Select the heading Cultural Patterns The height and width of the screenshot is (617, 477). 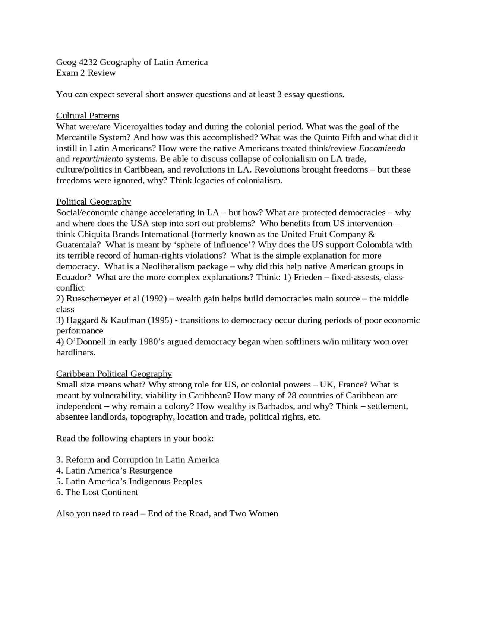[88, 116]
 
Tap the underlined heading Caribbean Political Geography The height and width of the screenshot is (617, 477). [114, 374]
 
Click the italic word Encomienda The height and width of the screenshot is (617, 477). [382, 148]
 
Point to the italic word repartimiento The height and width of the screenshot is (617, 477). [98, 159]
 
